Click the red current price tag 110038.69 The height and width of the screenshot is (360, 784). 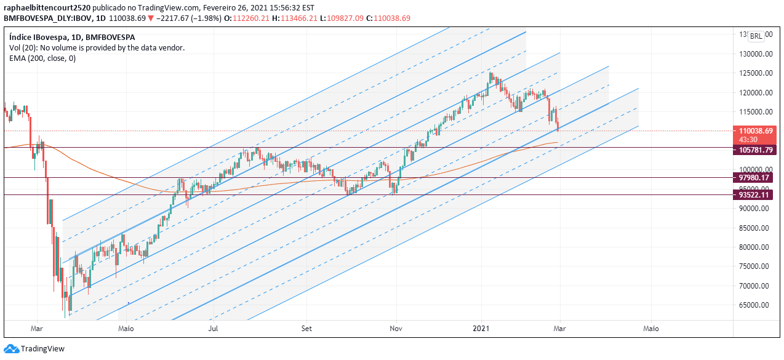[x=756, y=130]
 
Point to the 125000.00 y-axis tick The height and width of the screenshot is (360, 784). [x=756, y=73]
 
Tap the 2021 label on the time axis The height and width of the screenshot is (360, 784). [x=481, y=329]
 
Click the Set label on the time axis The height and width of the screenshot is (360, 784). [x=306, y=329]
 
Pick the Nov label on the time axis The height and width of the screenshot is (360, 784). [x=397, y=329]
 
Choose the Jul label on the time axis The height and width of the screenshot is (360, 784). [x=214, y=329]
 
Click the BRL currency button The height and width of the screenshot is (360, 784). [x=756, y=36]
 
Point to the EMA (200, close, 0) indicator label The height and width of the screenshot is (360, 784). [x=42, y=58]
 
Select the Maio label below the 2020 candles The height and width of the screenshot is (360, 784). [x=126, y=329]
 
